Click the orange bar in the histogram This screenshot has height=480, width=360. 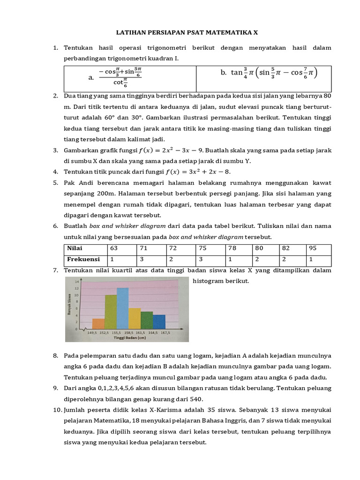98,324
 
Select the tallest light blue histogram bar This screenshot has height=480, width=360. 122,308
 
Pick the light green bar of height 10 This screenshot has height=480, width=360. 111,312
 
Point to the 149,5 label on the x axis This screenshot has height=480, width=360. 92,332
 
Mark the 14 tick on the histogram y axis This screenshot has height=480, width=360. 77,280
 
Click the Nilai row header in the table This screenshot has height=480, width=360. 75,248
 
